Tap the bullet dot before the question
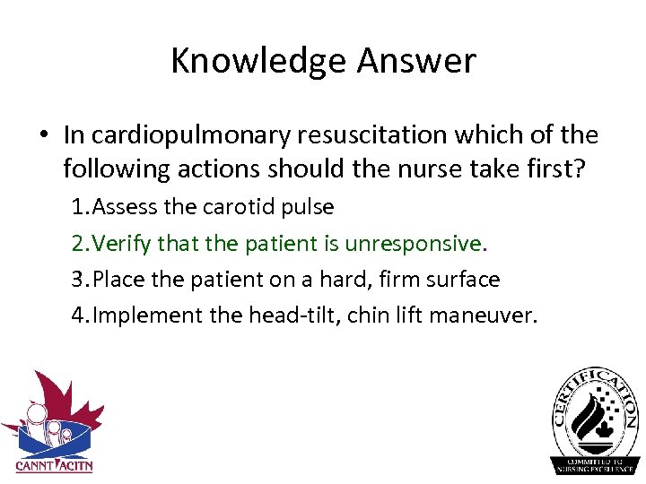click(42, 135)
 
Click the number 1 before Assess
click(78, 207)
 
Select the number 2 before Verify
click(78, 243)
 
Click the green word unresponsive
click(418, 243)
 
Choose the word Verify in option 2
click(122, 243)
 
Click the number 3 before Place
click(78, 279)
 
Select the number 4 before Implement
click(78, 315)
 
